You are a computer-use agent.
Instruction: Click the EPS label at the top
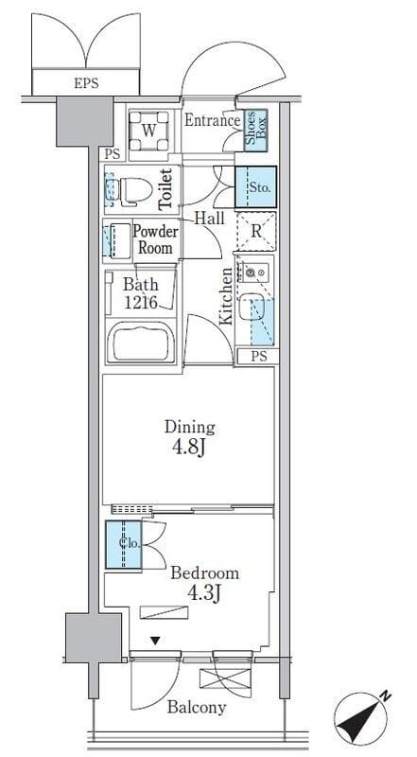click(86, 83)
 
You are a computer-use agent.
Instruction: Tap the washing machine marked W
click(149, 131)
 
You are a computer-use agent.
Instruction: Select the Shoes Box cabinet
click(255, 131)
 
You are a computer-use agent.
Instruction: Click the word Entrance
click(213, 120)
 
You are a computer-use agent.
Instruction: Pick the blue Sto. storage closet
click(256, 186)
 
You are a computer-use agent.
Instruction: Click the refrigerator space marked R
click(256, 231)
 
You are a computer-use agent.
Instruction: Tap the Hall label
click(210, 219)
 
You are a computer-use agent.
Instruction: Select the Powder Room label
click(155, 239)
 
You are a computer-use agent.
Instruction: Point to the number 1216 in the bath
click(141, 303)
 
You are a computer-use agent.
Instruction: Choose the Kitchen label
click(226, 295)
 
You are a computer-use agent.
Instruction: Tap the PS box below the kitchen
click(259, 357)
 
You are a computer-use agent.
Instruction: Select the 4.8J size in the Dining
click(189, 448)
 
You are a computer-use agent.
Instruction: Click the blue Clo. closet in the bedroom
click(124, 544)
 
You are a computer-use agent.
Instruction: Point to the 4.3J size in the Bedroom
click(204, 593)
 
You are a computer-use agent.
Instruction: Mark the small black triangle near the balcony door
click(155, 641)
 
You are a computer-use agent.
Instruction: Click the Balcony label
click(197, 708)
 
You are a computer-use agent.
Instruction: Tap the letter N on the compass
click(385, 696)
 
